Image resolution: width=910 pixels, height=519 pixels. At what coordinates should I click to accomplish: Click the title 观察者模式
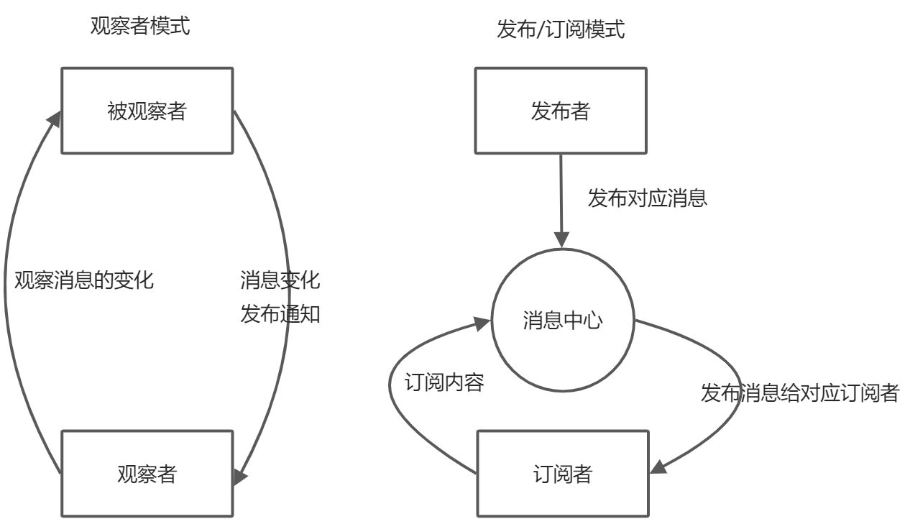point(140,27)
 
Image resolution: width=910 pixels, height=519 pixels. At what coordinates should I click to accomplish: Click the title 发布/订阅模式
point(561,29)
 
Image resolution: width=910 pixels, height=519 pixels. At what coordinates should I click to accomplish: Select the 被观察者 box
point(147,111)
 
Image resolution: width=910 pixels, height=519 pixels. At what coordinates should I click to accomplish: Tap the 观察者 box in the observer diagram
point(147,474)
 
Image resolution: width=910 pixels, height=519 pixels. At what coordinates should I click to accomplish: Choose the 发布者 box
point(561,111)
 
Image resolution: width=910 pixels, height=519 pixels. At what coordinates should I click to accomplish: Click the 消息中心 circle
point(562,321)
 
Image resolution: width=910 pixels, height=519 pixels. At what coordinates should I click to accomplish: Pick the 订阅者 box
point(563,474)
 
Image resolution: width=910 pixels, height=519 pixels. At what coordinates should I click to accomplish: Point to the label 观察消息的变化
point(84,280)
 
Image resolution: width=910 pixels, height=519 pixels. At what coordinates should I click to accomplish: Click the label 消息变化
point(280,280)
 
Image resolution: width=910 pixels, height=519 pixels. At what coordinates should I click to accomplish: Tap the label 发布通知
point(280,315)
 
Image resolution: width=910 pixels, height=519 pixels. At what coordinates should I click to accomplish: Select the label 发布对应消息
point(647,198)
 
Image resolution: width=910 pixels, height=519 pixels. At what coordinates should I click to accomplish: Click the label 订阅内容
point(444,382)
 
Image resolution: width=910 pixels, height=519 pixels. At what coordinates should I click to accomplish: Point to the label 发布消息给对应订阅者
point(799,392)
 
